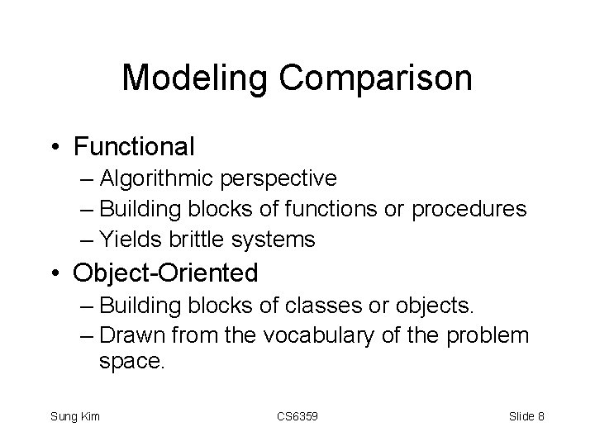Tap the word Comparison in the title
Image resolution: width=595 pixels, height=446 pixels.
click(377, 79)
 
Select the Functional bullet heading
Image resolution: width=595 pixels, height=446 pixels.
click(134, 147)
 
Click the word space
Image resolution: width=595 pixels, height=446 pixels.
click(132, 361)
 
